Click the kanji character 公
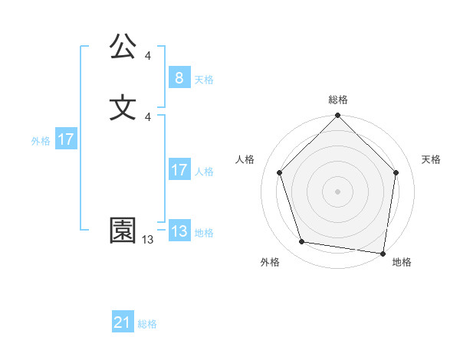(x=123, y=48)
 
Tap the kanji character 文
(x=123, y=107)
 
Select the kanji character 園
(x=123, y=231)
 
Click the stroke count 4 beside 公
(x=148, y=56)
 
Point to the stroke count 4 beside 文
(x=148, y=116)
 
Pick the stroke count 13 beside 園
(x=147, y=240)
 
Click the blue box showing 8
(x=179, y=78)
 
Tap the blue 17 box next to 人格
(x=179, y=170)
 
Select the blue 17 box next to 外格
(x=66, y=139)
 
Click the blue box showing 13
(x=179, y=231)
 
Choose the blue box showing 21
(x=123, y=323)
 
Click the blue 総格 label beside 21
(x=147, y=324)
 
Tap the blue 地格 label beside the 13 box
(x=204, y=233)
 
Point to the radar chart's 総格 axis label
(x=338, y=100)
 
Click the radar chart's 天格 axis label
(x=431, y=159)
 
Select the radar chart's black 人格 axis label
(x=245, y=159)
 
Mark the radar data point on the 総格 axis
(x=338, y=116)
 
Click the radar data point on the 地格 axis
(x=383, y=252)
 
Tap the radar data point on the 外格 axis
(x=302, y=242)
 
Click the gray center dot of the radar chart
(x=338, y=191)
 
